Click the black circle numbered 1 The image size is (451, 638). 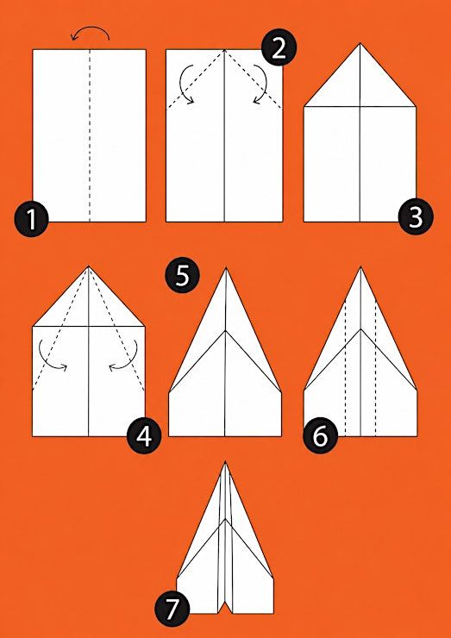[32, 220]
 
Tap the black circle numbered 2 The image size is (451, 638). [279, 48]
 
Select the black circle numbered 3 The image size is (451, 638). [416, 217]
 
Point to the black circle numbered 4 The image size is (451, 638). [144, 436]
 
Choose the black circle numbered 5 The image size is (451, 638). [182, 276]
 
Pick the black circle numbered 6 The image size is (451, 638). [321, 436]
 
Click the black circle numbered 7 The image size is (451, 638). [172, 609]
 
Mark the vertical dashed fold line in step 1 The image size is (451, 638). [90, 135]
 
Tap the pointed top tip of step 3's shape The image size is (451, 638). [360, 43]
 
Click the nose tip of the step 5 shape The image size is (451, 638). [225, 268]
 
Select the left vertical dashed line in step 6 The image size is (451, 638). [345, 368]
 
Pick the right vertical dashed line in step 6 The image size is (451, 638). [375, 368]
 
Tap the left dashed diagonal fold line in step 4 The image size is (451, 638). [60, 328]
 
